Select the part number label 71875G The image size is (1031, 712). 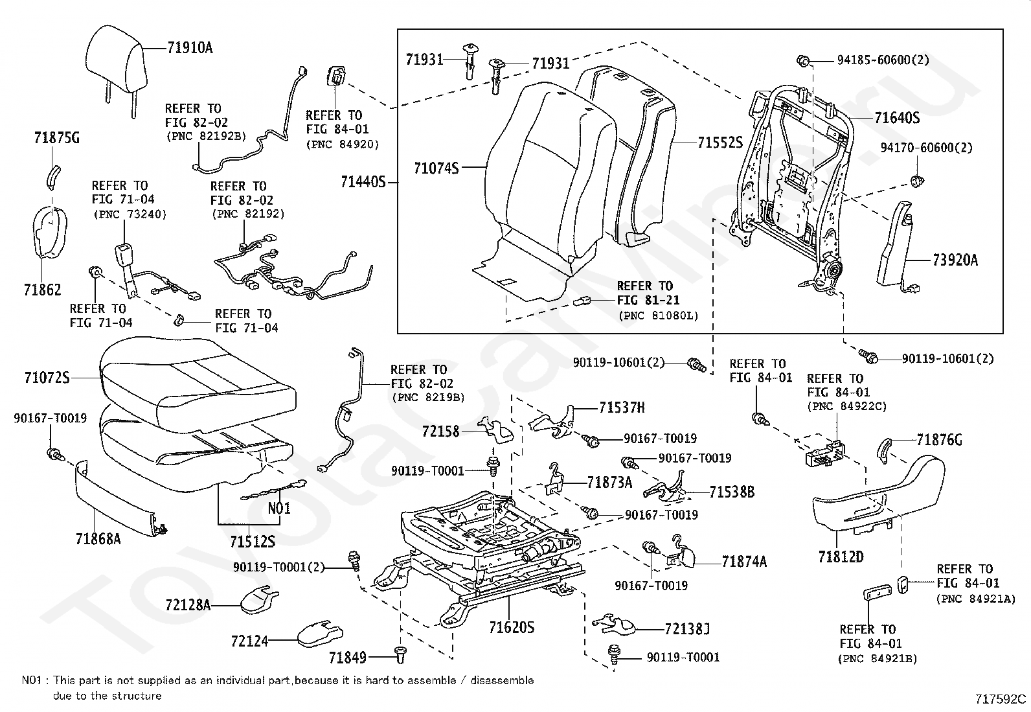tap(56, 138)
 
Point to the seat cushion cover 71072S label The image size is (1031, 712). tap(47, 376)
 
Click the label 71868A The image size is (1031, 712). tap(98, 538)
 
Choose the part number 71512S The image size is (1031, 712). tap(253, 542)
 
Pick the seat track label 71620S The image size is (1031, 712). tap(512, 627)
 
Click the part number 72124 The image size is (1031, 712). tap(249, 641)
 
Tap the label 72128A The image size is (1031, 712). tap(188, 605)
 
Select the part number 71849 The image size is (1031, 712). tap(347, 658)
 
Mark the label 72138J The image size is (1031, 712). tap(687, 628)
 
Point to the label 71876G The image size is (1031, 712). tap(939, 441)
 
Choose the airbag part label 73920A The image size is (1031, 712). tap(955, 261)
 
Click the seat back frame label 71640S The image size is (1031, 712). tap(897, 118)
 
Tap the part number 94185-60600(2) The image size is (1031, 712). tap(883, 60)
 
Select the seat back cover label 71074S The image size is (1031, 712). tap(436, 168)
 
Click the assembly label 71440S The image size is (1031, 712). tap(363, 183)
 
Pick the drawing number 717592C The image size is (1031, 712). tap(1001, 699)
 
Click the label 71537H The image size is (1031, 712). tap(622, 408)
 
